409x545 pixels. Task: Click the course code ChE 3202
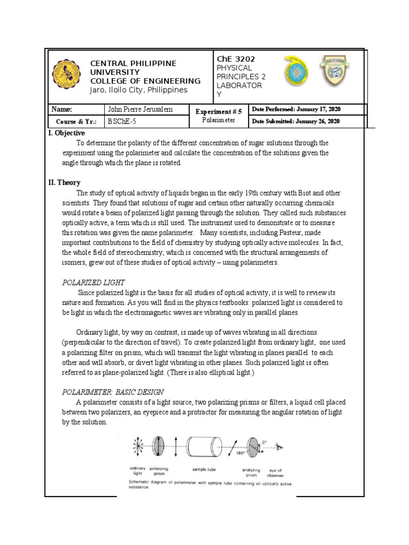coord(235,59)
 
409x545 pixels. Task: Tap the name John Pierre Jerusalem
coord(140,110)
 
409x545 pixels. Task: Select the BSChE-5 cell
coord(121,121)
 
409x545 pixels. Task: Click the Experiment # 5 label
coord(218,111)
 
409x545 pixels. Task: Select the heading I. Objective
coord(67,133)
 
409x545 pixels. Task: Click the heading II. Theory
coord(64,183)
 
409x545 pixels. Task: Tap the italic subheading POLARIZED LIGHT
coord(94,282)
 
